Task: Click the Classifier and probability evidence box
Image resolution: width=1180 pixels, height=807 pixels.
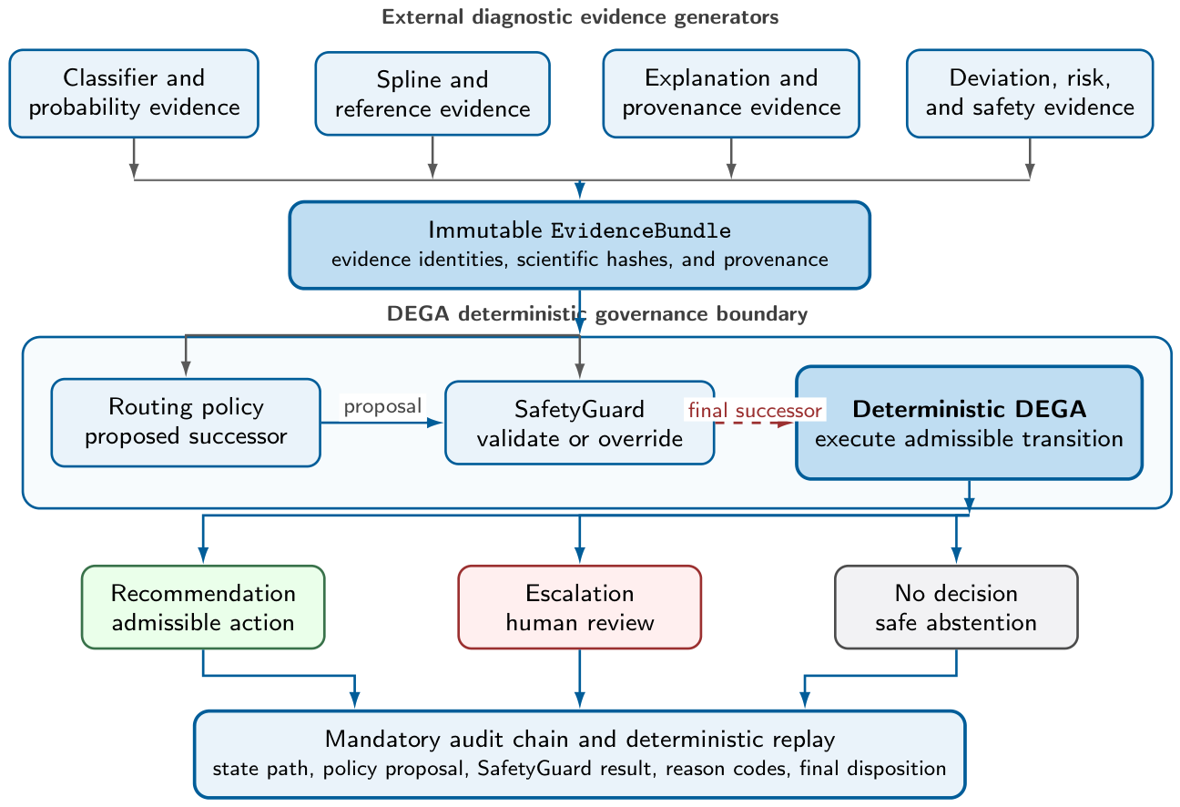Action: [x=134, y=93]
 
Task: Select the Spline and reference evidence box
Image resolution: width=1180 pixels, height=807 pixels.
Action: [x=432, y=93]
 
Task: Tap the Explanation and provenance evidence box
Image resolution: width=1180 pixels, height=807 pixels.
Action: [x=731, y=93]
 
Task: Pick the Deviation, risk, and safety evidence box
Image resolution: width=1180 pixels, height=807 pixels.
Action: [x=1030, y=93]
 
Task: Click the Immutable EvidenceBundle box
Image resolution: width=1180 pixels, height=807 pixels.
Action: [x=579, y=245]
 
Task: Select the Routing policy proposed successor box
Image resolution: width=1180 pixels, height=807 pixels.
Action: [x=186, y=423]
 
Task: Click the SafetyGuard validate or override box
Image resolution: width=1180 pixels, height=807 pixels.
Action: [x=579, y=423]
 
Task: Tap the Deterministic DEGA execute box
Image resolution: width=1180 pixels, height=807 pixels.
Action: [x=970, y=423]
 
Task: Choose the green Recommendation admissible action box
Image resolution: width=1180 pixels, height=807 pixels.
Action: [x=203, y=608]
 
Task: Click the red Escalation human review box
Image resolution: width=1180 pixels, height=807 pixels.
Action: [x=579, y=608]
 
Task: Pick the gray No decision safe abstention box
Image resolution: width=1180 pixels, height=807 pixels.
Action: [x=956, y=608]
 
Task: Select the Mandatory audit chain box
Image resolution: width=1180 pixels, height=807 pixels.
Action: [x=579, y=754]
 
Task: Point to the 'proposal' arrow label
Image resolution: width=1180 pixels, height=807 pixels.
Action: [x=382, y=406]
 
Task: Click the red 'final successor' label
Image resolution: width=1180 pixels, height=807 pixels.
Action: [x=755, y=410]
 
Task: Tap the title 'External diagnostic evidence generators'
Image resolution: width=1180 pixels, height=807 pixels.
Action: [x=580, y=17]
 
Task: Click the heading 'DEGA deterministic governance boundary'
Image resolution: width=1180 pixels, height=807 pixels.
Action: [x=597, y=313]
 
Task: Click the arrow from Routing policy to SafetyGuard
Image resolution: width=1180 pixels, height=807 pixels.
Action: [x=381, y=423]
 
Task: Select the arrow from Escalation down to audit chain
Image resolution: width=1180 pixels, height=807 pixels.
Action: [x=579, y=679]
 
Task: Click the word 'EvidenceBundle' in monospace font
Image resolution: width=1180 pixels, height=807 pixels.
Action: [x=641, y=230]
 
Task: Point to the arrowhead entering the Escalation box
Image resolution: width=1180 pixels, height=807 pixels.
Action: [x=579, y=555]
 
